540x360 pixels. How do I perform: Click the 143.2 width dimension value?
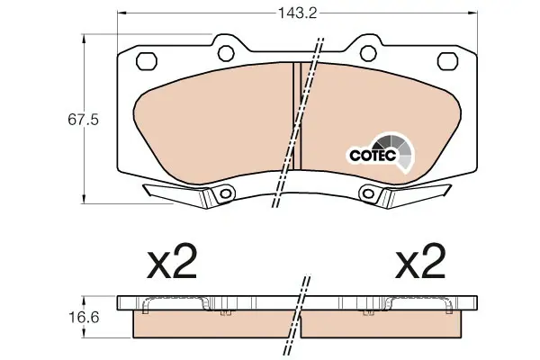[x=297, y=13]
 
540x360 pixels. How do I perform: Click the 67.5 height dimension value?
[x=84, y=120]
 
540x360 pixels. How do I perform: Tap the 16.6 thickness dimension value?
[x=84, y=317]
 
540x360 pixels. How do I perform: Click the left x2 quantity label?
[x=172, y=261]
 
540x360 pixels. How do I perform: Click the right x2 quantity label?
[x=420, y=261]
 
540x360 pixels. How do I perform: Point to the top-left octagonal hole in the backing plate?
[x=147, y=61]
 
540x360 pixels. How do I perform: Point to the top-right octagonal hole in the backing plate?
[x=447, y=61]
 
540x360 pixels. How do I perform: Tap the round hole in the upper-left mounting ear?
[x=226, y=53]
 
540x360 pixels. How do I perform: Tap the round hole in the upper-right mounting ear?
[x=368, y=53]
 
